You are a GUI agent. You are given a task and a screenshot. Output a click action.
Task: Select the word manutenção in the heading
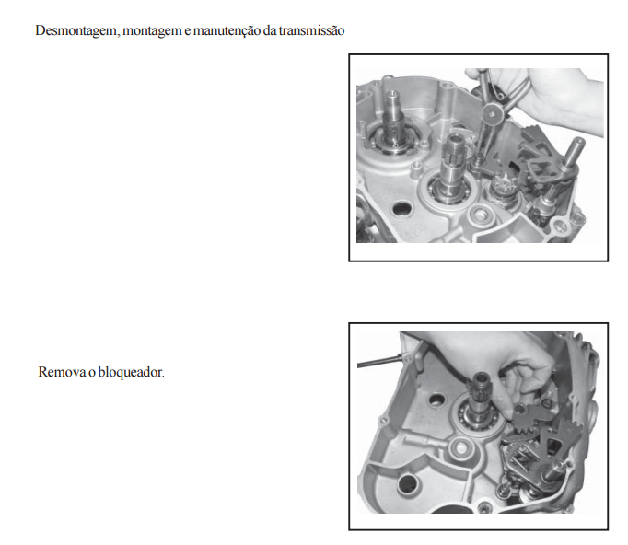tap(227, 30)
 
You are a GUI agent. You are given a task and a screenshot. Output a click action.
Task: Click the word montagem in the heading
tap(152, 31)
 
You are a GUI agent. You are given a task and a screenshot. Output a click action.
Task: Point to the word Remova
tap(62, 372)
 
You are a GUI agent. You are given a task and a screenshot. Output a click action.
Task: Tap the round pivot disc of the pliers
tap(492, 113)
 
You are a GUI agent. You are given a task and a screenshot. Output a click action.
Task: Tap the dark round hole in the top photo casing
tap(401, 208)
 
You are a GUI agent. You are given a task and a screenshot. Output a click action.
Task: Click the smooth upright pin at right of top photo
tap(573, 154)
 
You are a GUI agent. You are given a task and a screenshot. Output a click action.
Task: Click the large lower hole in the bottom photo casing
tap(407, 483)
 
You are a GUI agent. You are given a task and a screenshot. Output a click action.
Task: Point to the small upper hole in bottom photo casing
tap(436, 399)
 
